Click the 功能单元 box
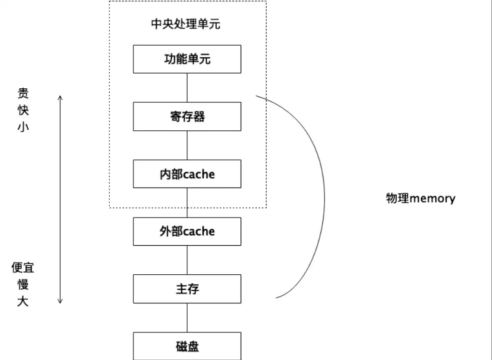tap(187, 59)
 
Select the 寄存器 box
tap(187, 117)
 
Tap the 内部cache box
tap(187, 174)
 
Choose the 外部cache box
tap(187, 231)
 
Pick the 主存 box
tap(187, 289)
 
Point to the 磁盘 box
tap(187, 346)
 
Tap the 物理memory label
tap(420, 198)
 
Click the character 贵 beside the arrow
tap(23, 93)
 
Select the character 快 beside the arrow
tap(23, 110)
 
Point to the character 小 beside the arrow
tap(23, 126)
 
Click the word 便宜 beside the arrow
tap(23, 268)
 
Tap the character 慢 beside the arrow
tap(23, 285)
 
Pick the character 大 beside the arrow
tap(23, 302)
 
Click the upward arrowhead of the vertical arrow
tap(60, 97)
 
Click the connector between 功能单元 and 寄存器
tap(187, 88)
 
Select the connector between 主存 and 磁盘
tap(187, 317)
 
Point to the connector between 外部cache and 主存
tap(187, 260)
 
